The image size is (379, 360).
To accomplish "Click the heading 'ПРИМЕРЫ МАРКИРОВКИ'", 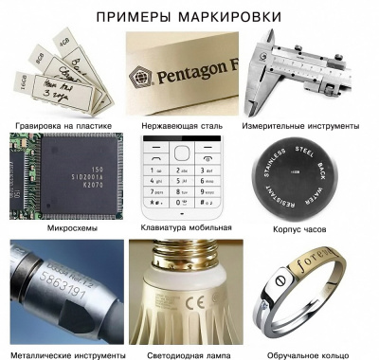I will pyautogui.click(x=189, y=16).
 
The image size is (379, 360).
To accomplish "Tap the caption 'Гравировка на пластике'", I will pyautogui.click(x=65, y=125).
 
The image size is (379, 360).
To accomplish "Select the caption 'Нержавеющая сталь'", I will pyautogui.click(x=189, y=125).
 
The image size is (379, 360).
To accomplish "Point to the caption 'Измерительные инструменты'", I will pyautogui.click(x=313, y=125).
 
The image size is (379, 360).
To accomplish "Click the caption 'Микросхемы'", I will pyautogui.click(x=65, y=228).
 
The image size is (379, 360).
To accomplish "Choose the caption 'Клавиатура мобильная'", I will pyautogui.click(x=189, y=228).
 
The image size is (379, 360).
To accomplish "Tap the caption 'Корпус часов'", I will pyautogui.click(x=313, y=228).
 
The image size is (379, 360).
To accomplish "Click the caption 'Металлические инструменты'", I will pyautogui.click(x=65, y=354).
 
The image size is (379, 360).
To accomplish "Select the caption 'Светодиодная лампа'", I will pyautogui.click(x=189, y=354).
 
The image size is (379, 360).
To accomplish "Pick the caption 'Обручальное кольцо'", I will pyautogui.click(x=313, y=354).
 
